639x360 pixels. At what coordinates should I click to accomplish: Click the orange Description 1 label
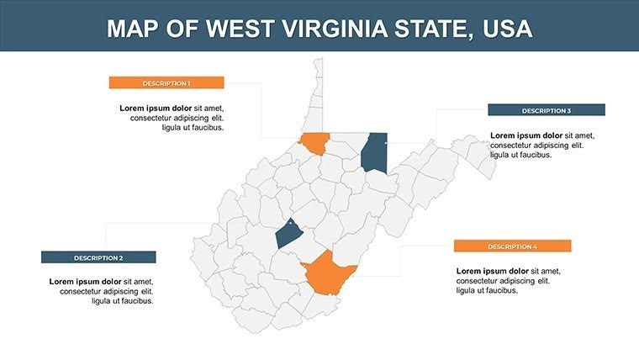pyautogui.click(x=166, y=82)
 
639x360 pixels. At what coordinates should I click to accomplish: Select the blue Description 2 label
pyautogui.click(x=98, y=257)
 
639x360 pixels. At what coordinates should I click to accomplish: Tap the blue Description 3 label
pyautogui.click(x=546, y=110)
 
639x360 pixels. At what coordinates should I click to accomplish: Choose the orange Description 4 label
pyautogui.click(x=512, y=246)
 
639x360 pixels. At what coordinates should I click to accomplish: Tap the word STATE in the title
pyautogui.click(x=430, y=29)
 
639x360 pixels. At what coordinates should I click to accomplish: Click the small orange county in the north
pyautogui.click(x=315, y=144)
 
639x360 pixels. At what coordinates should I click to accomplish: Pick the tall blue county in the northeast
pyautogui.click(x=374, y=152)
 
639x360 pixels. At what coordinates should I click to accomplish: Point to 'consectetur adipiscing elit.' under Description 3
pyautogui.click(x=536, y=146)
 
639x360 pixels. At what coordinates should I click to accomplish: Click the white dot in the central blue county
pyautogui.click(x=288, y=224)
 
